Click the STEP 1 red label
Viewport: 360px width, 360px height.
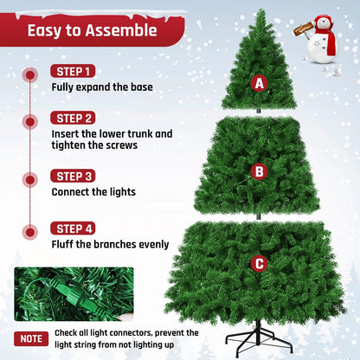74,71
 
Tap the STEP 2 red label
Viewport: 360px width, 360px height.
74,118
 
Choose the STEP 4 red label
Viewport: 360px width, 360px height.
74,228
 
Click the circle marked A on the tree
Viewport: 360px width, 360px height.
258,83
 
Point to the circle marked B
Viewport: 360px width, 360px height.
258,171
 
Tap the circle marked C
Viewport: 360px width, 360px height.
258,263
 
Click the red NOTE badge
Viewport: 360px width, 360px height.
31,338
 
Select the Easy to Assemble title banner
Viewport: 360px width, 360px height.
92,31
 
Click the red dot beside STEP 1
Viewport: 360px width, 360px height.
30,74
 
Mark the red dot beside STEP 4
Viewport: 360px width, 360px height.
30,232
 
